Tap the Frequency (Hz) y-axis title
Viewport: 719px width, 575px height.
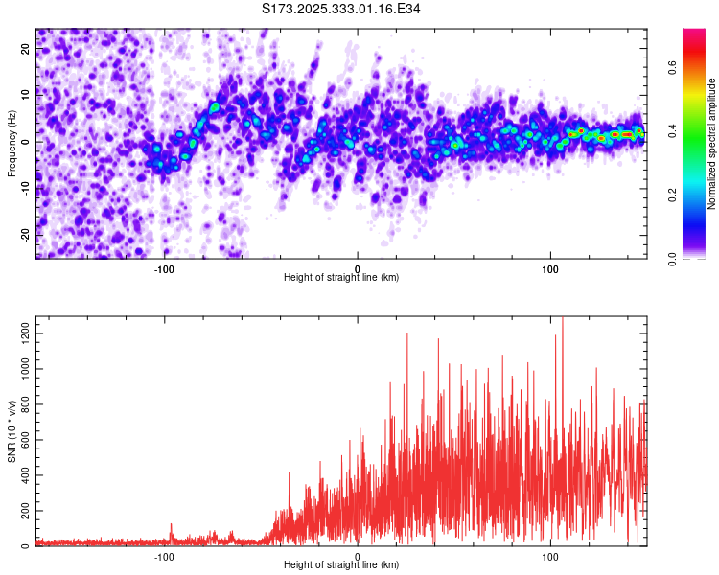[12, 142]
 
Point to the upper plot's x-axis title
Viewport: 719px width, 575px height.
[341, 277]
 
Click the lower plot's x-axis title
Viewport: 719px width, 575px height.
[341, 564]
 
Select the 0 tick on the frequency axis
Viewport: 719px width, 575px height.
[26, 142]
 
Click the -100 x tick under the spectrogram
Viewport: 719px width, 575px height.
[164, 267]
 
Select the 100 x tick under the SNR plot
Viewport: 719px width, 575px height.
[550, 555]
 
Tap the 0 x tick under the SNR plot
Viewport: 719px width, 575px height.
[358, 555]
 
